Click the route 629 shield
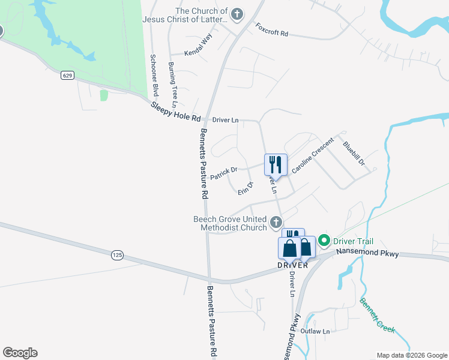coord(67,76)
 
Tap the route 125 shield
coord(117,255)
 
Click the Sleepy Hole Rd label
coord(175,113)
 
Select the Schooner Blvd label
coord(154,75)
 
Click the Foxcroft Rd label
coord(272,31)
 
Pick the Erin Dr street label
coord(246,188)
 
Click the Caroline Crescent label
coord(312,155)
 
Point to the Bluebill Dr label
coord(354,154)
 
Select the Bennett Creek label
coord(377,316)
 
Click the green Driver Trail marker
coord(325,241)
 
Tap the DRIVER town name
coord(292,265)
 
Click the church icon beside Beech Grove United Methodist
coord(276,222)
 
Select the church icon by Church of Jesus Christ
coord(237,14)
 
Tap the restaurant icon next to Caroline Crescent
coord(276,164)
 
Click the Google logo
coord(20,353)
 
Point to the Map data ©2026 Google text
coord(411,355)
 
